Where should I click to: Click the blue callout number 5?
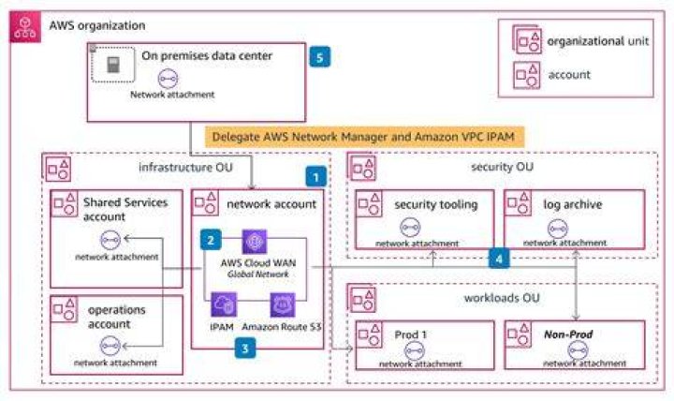[x=320, y=57]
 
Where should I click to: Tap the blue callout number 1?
[x=316, y=177]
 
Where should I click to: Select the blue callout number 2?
[x=211, y=240]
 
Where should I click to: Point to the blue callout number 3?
[x=245, y=349]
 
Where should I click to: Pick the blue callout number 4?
[x=499, y=259]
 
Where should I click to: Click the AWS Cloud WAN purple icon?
[x=255, y=242]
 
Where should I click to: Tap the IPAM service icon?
[x=224, y=304]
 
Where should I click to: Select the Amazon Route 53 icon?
[x=283, y=305]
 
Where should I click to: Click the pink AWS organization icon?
[x=25, y=26]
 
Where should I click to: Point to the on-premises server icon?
[x=113, y=65]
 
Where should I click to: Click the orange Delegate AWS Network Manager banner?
[x=364, y=137]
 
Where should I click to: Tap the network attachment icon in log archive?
[x=558, y=229]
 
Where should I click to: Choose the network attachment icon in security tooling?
[x=410, y=228]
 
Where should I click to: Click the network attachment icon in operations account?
[x=110, y=346]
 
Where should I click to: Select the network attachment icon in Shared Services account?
[x=110, y=240]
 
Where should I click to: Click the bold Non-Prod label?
[x=568, y=334]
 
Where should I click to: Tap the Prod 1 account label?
[x=411, y=334]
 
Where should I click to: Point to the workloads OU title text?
[x=502, y=298]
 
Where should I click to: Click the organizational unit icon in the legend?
[x=526, y=39]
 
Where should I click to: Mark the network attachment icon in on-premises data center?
[x=168, y=79]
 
